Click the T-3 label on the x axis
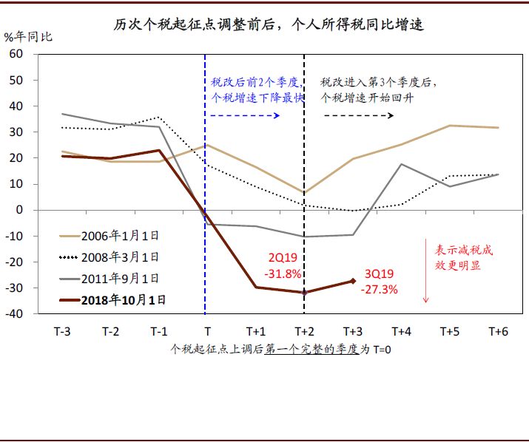pyautogui.click(x=63, y=331)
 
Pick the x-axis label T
pyautogui.click(x=206, y=331)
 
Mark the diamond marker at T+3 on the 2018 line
pyautogui.click(x=353, y=281)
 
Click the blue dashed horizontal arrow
pyautogui.click(x=244, y=116)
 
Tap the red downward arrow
pyautogui.click(x=426, y=271)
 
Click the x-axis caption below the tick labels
pyautogui.click(x=280, y=349)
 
